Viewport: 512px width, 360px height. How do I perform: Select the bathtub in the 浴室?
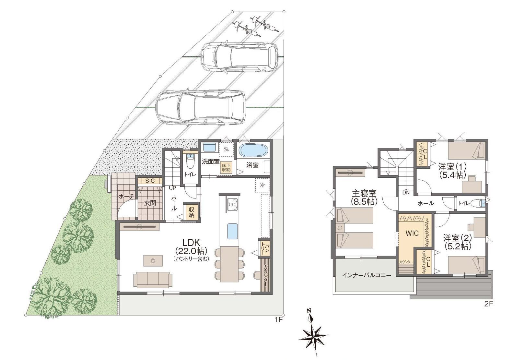253,150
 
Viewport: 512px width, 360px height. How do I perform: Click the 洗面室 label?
210,162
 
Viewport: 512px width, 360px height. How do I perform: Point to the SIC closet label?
150,181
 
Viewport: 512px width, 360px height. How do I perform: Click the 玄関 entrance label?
150,203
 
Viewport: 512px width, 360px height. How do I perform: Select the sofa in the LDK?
153,279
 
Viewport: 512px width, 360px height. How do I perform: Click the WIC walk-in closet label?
412,233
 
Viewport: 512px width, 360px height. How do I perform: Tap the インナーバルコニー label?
367,275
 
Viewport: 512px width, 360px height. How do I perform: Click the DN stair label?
406,193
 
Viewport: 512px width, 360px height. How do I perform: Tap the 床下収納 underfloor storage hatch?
226,167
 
